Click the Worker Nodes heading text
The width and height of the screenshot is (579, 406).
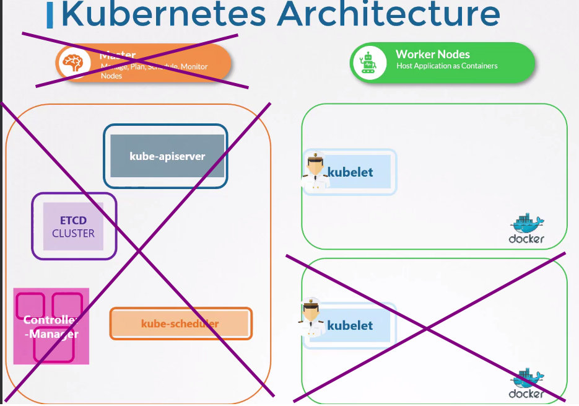pos(432,55)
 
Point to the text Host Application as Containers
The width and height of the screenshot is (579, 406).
pos(446,66)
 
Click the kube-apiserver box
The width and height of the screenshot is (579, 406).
pos(167,156)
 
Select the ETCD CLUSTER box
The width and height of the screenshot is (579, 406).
pos(73,227)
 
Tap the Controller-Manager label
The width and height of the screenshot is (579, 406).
pos(51,327)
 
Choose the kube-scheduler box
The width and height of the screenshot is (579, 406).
pos(180,324)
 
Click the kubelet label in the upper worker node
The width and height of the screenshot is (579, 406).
pos(350,172)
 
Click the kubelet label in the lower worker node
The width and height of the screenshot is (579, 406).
pos(350,325)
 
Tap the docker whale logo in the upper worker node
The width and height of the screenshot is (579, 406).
pos(527,224)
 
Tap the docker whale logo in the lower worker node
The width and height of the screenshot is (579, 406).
pos(527,377)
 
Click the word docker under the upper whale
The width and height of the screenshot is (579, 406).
pos(526,239)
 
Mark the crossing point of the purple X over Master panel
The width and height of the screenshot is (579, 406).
pos(137,250)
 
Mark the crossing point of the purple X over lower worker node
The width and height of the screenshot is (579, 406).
pos(427,327)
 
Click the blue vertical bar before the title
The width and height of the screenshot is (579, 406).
pos(50,15)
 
